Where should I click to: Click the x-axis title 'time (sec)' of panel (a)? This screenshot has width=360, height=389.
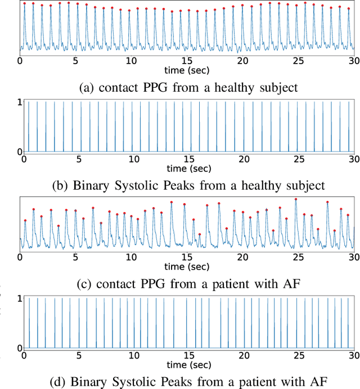point(187,70)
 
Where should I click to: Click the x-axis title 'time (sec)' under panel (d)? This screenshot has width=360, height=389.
point(189,364)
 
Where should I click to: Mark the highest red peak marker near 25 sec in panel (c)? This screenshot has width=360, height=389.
point(296,199)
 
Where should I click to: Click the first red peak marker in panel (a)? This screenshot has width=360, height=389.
point(24,3)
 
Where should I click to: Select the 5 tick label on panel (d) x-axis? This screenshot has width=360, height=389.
point(79,355)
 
